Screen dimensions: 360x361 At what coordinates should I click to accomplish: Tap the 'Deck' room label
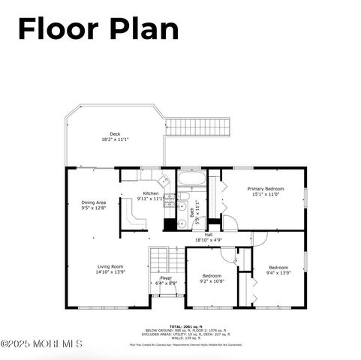(x=115, y=134)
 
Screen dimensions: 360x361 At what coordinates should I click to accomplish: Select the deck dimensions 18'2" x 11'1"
(x=115, y=140)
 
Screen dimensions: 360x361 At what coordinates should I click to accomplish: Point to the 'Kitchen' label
(x=151, y=193)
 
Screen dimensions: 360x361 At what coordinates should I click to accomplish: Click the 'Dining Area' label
(x=94, y=202)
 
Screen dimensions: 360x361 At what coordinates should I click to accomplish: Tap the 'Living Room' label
(x=110, y=266)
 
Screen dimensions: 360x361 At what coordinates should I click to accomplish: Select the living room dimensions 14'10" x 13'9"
(x=110, y=272)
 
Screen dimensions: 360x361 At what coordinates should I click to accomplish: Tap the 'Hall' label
(x=209, y=234)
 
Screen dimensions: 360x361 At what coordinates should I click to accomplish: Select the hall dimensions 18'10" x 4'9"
(x=209, y=240)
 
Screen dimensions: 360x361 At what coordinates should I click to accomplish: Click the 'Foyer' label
(x=165, y=277)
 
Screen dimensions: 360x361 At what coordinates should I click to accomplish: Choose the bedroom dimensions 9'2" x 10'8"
(x=212, y=281)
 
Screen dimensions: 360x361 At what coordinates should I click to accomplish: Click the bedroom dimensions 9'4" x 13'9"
(x=278, y=273)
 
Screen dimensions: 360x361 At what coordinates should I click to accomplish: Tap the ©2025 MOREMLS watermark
(x=41, y=344)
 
